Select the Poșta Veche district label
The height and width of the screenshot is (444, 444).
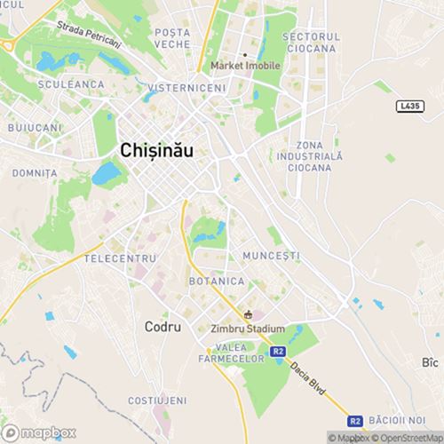point(172,37)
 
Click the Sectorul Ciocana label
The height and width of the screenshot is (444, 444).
point(311,41)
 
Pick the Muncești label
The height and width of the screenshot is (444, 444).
point(271,256)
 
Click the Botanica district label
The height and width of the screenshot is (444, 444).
point(216,281)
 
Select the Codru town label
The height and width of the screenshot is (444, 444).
point(163,327)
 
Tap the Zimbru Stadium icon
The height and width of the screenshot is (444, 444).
point(249,313)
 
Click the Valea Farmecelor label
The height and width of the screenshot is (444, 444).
point(234,352)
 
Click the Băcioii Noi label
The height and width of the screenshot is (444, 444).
point(400,420)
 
